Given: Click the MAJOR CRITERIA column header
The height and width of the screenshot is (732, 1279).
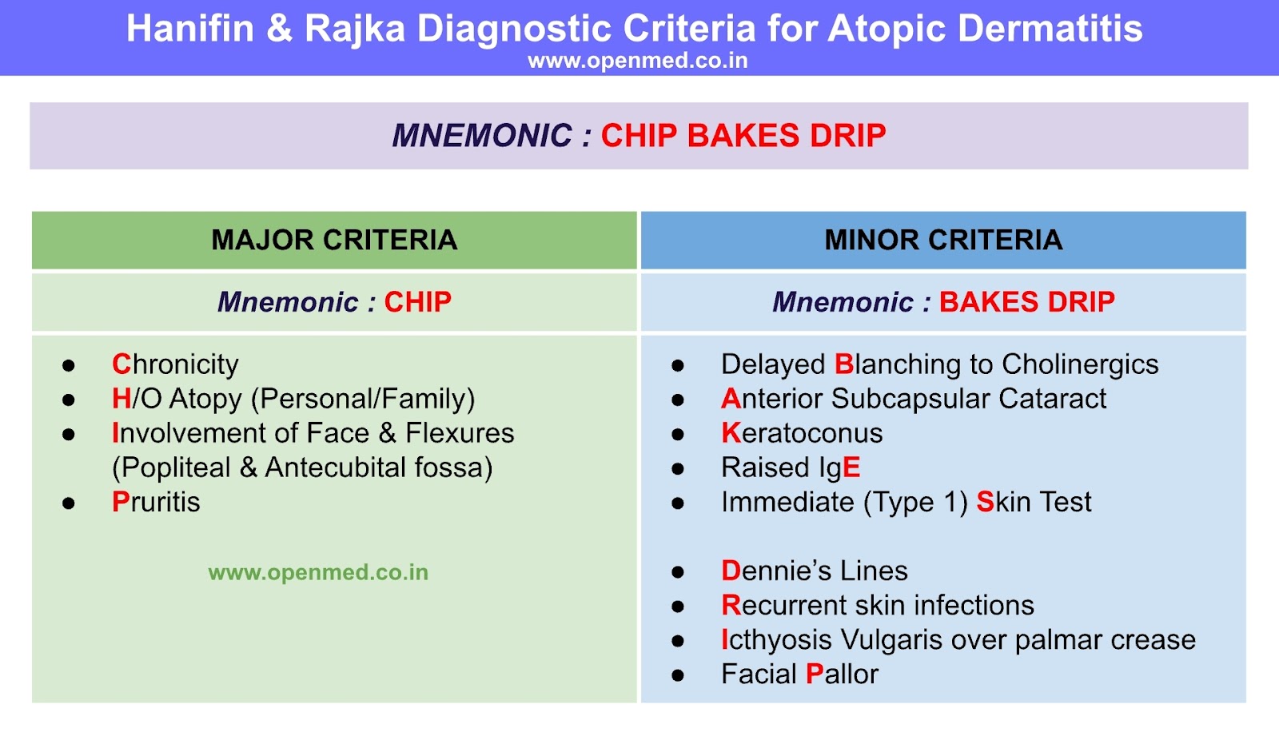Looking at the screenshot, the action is click(334, 240).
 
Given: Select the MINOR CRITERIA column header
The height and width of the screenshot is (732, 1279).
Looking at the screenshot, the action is click(943, 240).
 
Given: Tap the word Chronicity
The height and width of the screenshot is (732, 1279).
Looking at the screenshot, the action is click(175, 364).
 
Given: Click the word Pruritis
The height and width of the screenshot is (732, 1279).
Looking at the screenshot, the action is click(156, 502).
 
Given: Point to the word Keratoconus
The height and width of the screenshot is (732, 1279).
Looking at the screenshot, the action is click(802, 433).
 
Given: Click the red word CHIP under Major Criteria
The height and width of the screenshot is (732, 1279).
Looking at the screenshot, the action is click(418, 302).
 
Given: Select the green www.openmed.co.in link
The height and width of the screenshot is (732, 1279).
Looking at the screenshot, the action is click(318, 572).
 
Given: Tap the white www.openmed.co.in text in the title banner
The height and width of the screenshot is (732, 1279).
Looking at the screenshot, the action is click(638, 61).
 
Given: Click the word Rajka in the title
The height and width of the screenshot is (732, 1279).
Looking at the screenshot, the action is click(356, 29).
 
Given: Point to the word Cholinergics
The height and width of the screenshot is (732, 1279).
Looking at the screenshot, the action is click(1080, 364).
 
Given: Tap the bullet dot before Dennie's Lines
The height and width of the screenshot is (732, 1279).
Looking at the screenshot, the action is click(678, 572).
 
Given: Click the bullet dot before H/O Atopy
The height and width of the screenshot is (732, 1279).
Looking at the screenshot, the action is click(69, 400).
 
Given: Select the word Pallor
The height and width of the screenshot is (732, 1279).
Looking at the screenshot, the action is click(842, 674).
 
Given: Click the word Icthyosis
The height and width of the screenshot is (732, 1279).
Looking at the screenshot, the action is click(776, 640).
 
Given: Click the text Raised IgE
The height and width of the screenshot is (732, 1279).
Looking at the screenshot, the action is click(791, 467).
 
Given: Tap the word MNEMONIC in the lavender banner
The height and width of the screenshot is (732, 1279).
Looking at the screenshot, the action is click(482, 136).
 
